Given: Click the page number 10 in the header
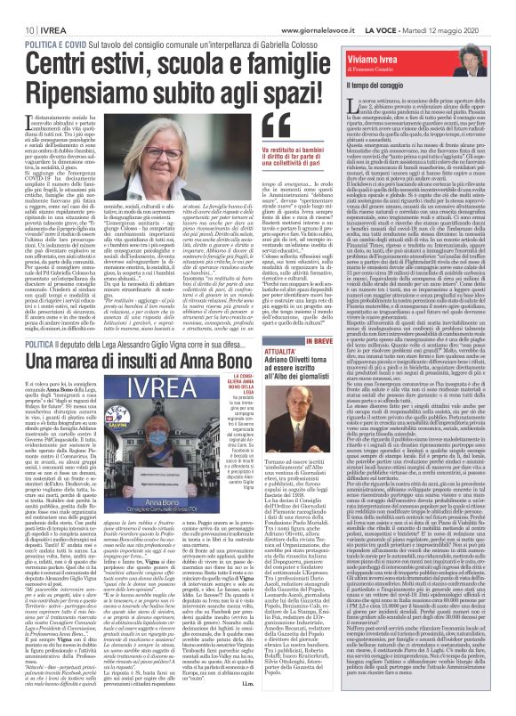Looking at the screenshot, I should (17, 8).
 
